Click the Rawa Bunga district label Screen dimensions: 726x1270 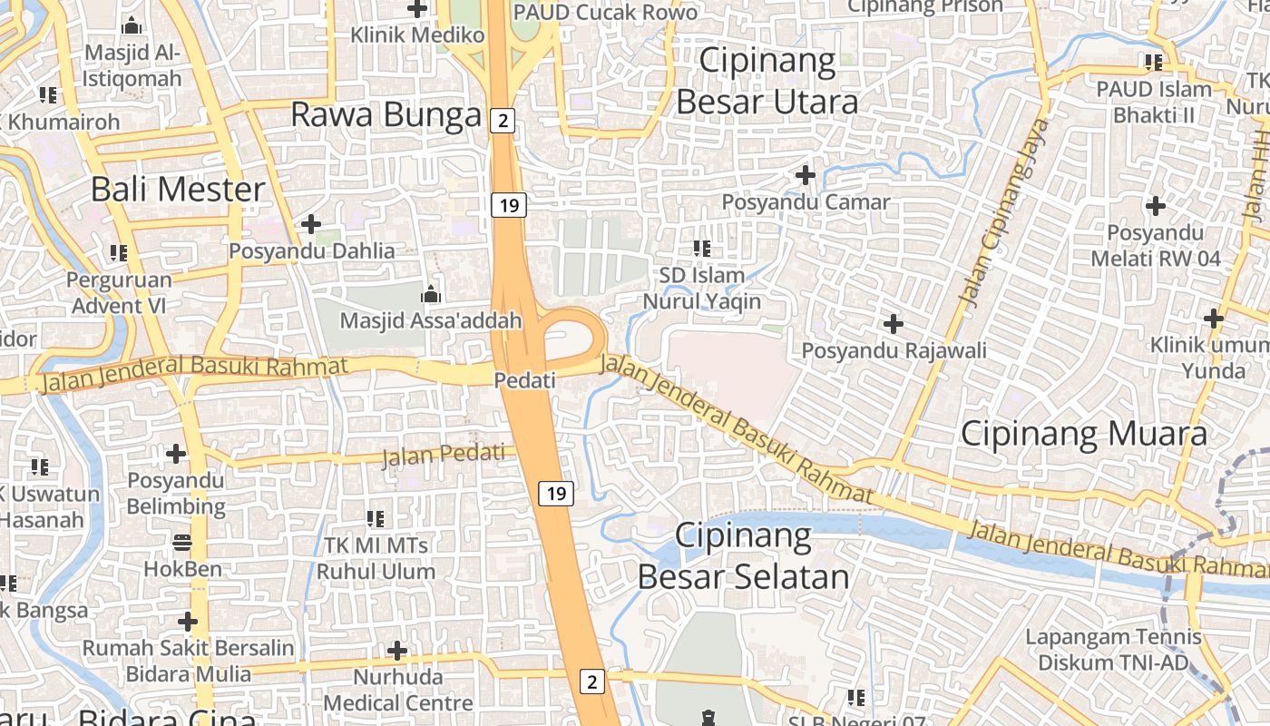click(x=386, y=115)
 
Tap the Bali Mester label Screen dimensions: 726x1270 click(x=178, y=190)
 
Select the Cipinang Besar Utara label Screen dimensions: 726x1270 click(x=767, y=82)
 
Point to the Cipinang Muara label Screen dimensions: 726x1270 click(x=1084, y=434)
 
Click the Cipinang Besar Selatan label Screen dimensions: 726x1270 click(x=743, y=555)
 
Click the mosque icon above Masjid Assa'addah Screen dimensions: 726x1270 click(x=431, y=294)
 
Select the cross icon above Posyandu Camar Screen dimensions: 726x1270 click(x=806, y=174)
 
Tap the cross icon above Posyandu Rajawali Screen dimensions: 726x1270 click(x=894, y=323)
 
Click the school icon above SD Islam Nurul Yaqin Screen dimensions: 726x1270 click(x=701, y=248)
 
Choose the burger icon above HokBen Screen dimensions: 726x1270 click(x=182, y=543)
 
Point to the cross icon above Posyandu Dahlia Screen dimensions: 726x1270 click(x=311, y=223)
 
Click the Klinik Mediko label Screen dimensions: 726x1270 click(x=418, y=35)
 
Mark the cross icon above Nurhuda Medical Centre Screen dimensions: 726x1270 click(x=397, y=651)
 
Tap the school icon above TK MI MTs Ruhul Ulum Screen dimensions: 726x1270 click(x=376, y=519)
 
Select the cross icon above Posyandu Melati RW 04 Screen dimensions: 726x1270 click(x=1155, y=206)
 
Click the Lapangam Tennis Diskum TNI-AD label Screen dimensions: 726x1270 click(x=1113, y=650)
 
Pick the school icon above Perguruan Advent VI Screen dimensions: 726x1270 click(x=119, y=252)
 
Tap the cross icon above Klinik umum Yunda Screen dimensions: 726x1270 click(x=1214, y=319)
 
